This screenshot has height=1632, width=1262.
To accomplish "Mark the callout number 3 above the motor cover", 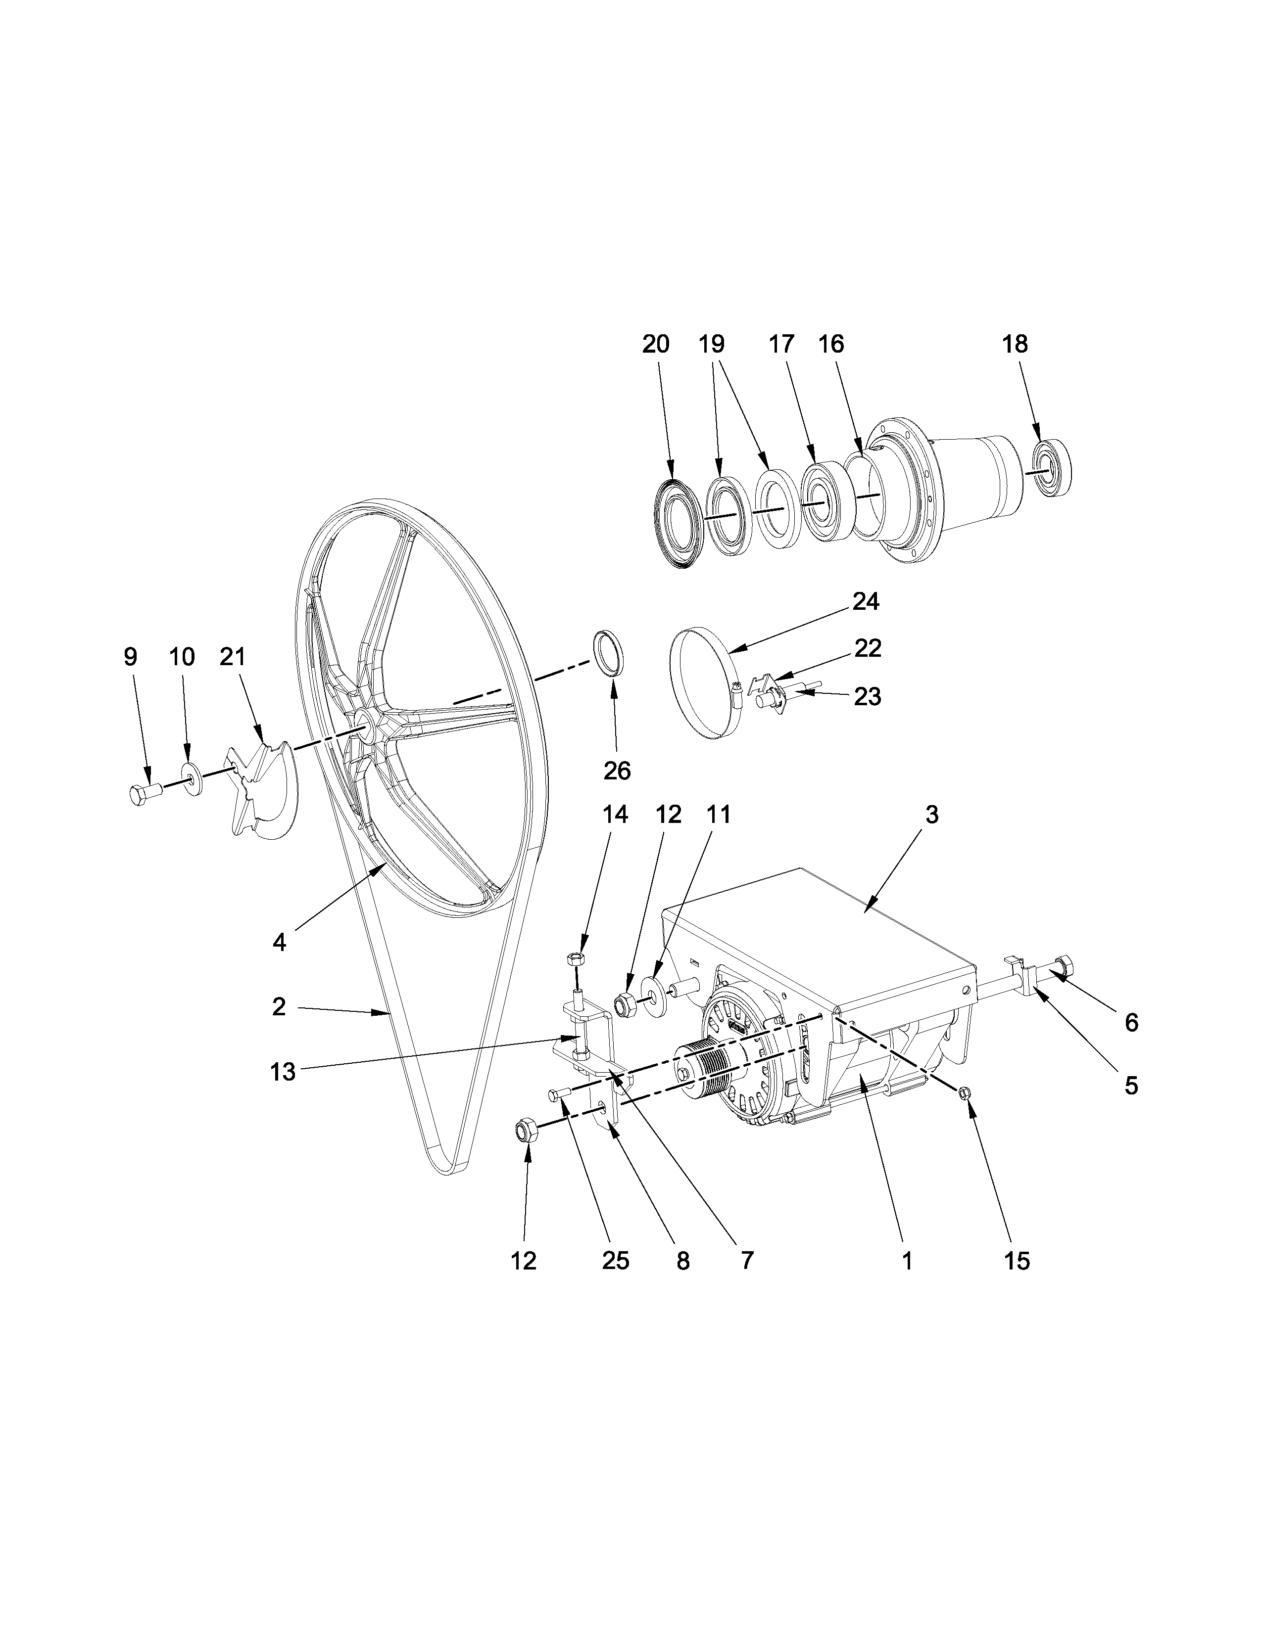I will [x=931, y=815].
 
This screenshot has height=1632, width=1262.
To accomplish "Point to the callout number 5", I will [x=1131, y=1085].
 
